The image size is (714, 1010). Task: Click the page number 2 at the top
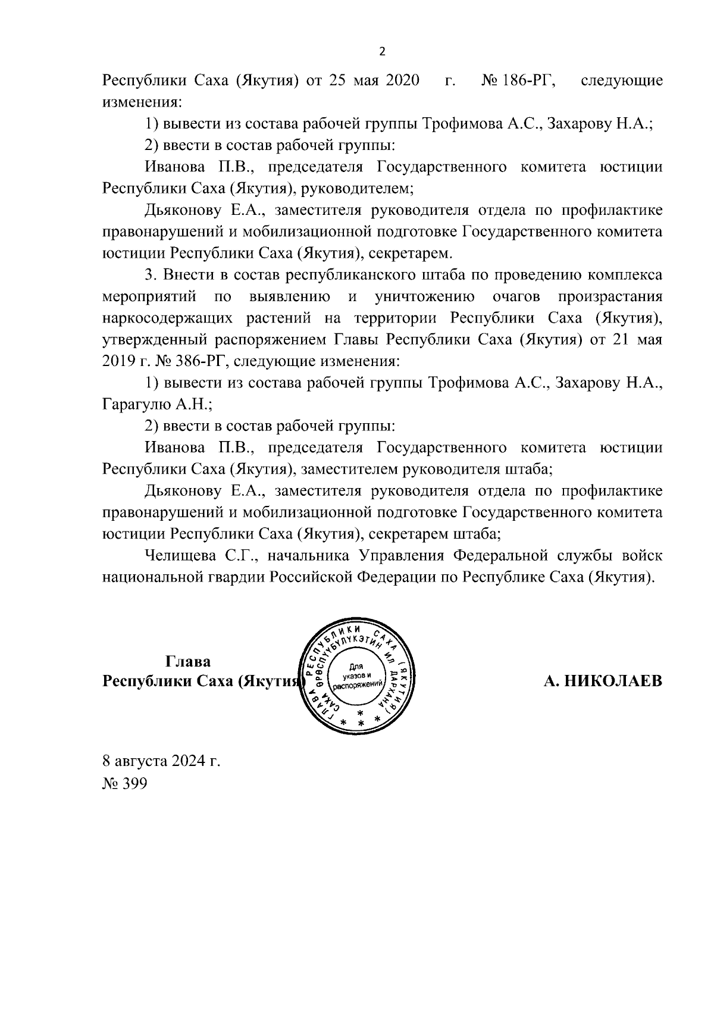coord(382,52)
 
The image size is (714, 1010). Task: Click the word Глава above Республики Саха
coord(188,662)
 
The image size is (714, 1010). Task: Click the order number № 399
coord(124,783)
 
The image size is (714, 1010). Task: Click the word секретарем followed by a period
coord(410,254)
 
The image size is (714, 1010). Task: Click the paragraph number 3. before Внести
coord(150,275)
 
